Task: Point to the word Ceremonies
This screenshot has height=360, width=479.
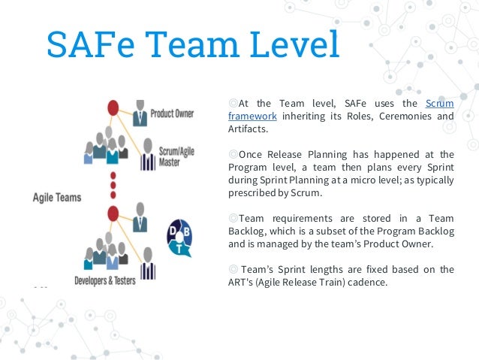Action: click(x=410, y=116)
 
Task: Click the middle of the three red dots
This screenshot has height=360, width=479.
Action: click(x=113, y=182)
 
